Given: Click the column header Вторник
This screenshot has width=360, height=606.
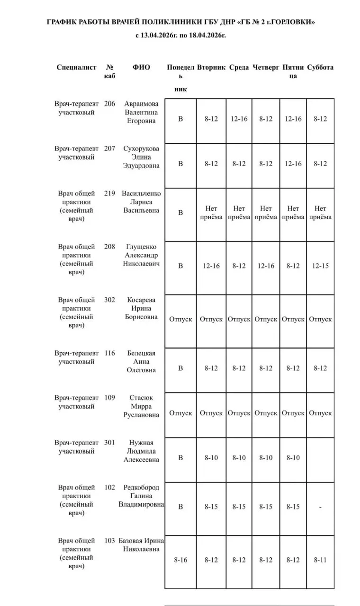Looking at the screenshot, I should coord(211,67).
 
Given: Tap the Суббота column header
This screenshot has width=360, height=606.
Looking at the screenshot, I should coord(320,67).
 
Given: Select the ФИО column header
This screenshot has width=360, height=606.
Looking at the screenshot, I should coord(141,67).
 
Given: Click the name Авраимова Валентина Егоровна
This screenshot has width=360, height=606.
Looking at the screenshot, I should coord(141,112).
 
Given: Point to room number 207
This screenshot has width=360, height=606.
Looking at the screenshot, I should coord(109,149).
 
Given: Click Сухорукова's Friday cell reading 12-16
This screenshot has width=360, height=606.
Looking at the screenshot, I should coord(293,164).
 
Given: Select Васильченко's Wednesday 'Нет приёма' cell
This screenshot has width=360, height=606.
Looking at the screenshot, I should coord(239,213).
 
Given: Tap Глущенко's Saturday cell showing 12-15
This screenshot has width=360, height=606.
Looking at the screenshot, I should coord(320,266).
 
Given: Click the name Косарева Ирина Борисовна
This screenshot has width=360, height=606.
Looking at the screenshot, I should coord(141,308).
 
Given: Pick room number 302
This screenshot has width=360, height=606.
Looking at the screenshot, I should coord(109,300).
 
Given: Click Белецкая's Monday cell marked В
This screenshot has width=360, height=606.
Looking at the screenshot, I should coord(180,368).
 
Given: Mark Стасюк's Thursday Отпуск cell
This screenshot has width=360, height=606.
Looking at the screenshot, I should coord(266,413).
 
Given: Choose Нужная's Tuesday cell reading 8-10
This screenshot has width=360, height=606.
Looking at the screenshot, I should coord(211,458).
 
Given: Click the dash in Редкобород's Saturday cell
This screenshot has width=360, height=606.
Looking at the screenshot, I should coord(320,507).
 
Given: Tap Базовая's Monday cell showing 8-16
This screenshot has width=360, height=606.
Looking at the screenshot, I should coord(180,560).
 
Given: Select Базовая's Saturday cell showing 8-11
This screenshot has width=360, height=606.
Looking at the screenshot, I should coord(320,560).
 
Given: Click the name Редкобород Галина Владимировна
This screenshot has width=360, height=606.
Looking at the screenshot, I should coord(141,496).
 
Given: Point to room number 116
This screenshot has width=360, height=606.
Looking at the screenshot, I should coord(109,353).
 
